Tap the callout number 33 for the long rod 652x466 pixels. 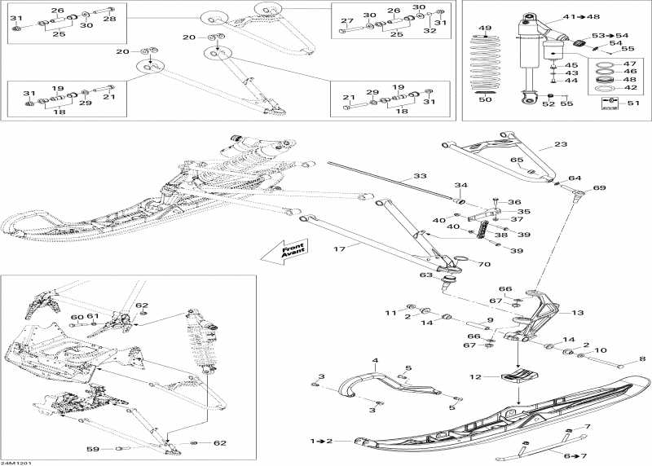tap(419, 176)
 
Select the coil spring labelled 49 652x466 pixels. tap(486, 65)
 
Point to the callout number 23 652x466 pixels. tap(560, 144)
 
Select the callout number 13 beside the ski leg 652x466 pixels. tap(577, 312)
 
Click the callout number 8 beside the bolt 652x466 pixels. tap(641, 358)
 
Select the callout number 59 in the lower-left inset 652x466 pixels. tap(93, 450)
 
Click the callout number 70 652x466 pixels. tap(484, 265)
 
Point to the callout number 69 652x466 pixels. tap(600, 189)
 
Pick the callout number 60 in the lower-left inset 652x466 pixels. tap(76, 318)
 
